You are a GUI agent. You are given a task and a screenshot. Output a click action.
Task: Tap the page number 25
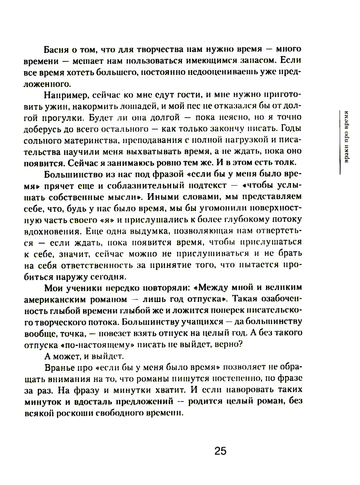[x=220, y=451]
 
